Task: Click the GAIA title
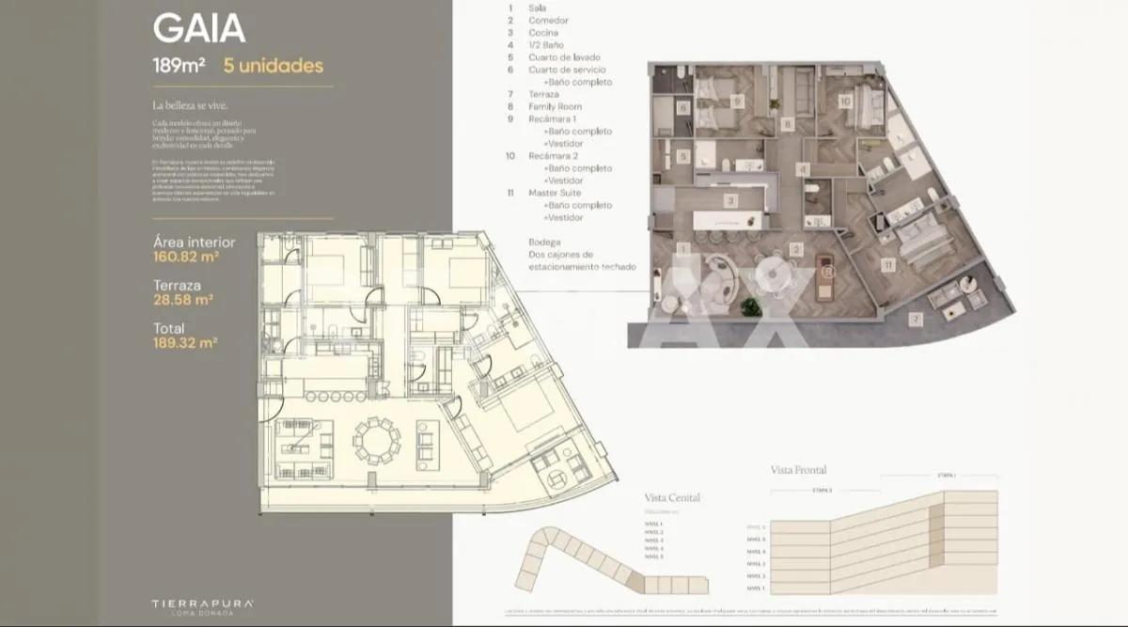pyautogui.click(x=199, y=28)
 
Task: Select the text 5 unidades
pyautogui.click(x=273, y=66)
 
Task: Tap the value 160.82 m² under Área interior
pyautogui.click(x=186, y=256)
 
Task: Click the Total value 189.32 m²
pyautogui.click(x=185, y=342)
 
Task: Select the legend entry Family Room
pyautogui.click(x=555, y=107)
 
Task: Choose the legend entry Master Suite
pyautogui.click(x=555, y=193)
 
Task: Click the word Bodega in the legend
pyautogui.click(x=544, y=242)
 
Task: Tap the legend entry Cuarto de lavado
pyautogui.click(x=564, y=57)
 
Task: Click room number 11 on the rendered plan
pyautogui.click(x=887, y=266)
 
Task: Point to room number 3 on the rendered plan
pyautogui.click(x=729, y=200)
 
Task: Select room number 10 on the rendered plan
pyautogui.click(x=845, y=101)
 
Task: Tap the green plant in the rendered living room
pyautogui.click(x=749, y=306)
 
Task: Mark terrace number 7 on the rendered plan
pyautogui.click(x=916, y=320)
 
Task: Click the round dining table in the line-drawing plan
pyautogui.click(x=376, y=440)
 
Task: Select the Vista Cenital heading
pyautogui.click(x=672, y=497)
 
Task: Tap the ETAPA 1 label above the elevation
pyautogui.click(x=946, y=476)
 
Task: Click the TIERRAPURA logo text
pyautogui.click(x=203, y=603)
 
